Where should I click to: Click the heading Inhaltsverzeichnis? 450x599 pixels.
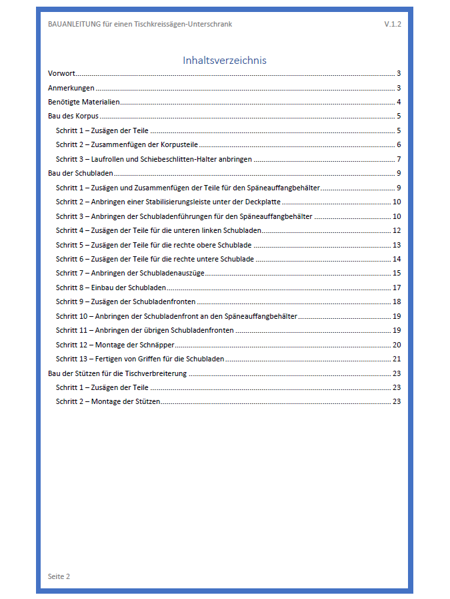(225, 61)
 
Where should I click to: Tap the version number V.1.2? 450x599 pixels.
(392, 24)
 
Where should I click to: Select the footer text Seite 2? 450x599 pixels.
(59, 576)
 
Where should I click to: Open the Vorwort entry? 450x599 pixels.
(61, 74)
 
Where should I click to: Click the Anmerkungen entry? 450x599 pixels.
(71, 88)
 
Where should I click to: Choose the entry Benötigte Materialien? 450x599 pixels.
(83, 102)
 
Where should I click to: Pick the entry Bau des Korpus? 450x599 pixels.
(73, 116)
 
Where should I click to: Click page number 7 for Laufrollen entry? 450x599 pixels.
(398, 159)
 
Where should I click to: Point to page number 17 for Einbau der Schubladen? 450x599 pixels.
(396, 288)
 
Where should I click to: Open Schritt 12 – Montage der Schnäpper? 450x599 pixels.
(111, 344)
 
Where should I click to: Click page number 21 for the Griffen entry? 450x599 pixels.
(396, 359)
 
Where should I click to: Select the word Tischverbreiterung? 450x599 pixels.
(156, 373)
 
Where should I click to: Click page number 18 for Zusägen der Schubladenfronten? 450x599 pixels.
(396, 301)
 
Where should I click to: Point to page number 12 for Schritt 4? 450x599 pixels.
(396, 230)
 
